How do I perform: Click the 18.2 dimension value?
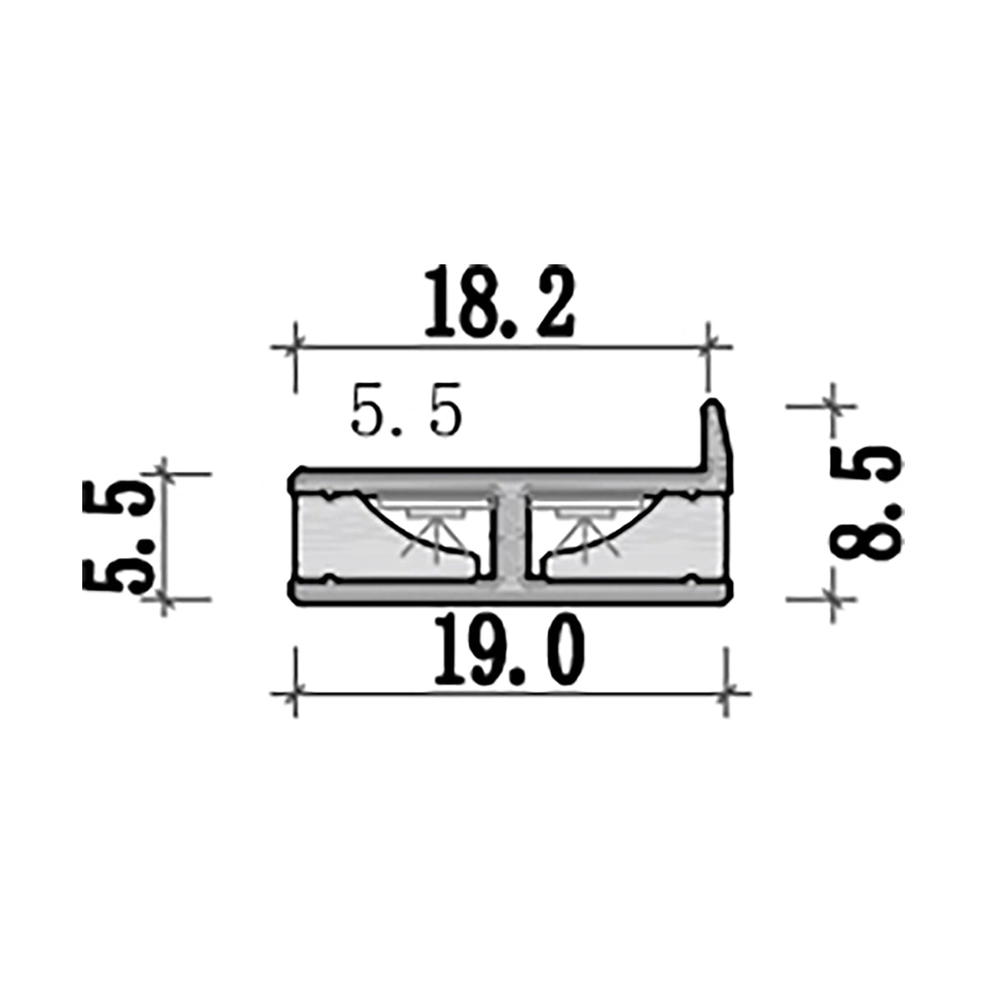tap(498, 302)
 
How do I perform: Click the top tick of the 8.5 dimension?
tap(832, 405)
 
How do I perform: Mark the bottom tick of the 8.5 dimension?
tap(832, 600)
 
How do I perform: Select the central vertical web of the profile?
tap(511, 535)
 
